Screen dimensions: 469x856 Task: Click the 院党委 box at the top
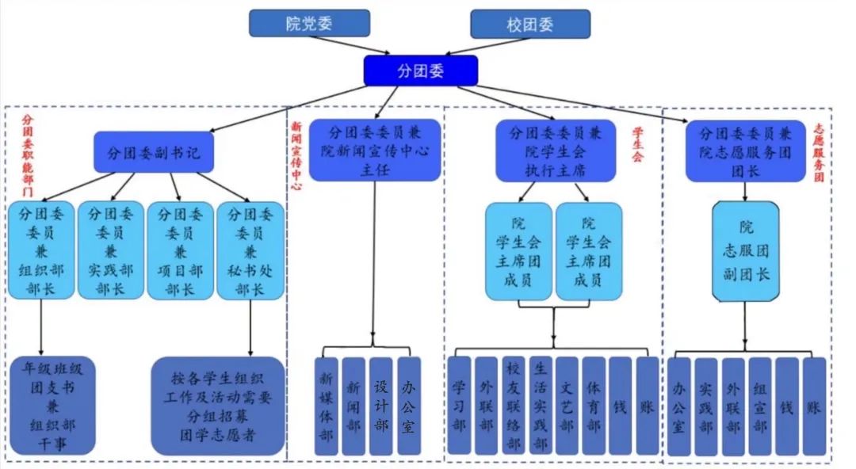coord(309,23)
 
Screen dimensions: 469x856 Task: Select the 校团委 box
coord(529,24)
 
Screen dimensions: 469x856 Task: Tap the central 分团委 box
coord(421,70)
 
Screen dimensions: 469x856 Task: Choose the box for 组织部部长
coord(42,250)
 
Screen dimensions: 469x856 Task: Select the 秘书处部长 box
coord(250,250)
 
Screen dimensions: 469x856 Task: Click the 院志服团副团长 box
coord(745,250)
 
